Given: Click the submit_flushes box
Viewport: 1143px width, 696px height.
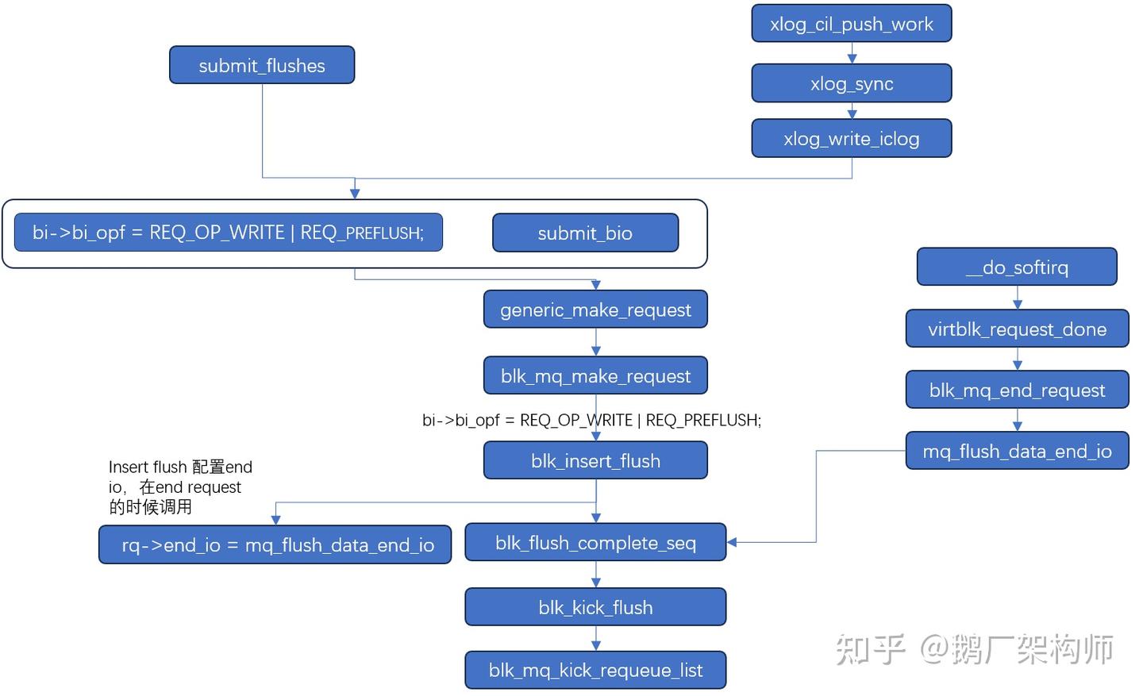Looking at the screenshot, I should pos(262,65).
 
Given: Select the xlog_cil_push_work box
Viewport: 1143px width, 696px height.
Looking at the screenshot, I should pos(851,24).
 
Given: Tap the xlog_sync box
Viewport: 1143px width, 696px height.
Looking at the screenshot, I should pos(851,83).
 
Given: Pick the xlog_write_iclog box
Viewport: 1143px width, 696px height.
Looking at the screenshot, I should pos(851,139).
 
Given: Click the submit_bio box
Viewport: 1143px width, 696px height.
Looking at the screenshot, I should pos(585,233).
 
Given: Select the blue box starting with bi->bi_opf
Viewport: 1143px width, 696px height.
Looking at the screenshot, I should pos(228,233).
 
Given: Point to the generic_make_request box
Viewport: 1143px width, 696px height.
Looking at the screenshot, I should pos(595,310).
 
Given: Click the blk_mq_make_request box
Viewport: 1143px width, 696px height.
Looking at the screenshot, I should pos(595,375).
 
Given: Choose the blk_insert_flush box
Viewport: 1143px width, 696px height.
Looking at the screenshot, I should pos(595,460).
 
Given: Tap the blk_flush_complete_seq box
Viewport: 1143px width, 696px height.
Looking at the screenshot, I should pos(595,543).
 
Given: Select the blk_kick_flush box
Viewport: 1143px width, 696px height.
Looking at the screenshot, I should pos(595,607).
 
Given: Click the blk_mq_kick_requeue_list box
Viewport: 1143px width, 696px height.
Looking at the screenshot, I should pos(595,671).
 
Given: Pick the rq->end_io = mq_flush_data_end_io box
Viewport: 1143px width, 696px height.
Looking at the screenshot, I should pos(275,545).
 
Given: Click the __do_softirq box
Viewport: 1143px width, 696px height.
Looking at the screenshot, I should pos(1017,267).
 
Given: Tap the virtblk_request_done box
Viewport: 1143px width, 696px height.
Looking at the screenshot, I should pos(1017,329).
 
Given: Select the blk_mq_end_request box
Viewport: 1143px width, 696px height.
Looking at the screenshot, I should pos(1017,390).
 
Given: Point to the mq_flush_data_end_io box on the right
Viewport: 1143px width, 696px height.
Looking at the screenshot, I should pos(1017,451).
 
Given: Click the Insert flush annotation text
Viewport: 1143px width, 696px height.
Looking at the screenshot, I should pos(180,486).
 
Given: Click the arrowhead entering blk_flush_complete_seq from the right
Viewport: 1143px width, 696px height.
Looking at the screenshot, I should pos(732,542).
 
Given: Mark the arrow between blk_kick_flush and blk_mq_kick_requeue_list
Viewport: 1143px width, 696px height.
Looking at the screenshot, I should pos(596,639).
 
